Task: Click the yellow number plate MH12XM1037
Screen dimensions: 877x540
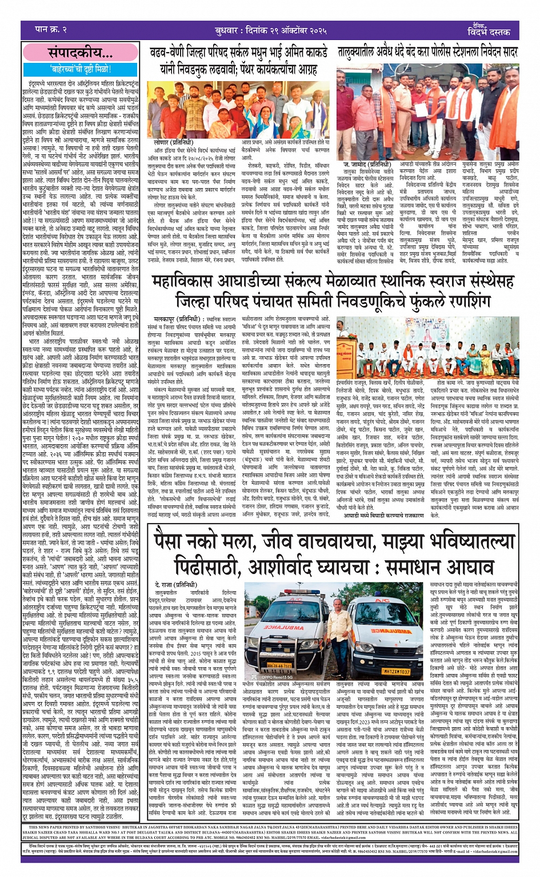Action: click(x=395, y=671)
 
